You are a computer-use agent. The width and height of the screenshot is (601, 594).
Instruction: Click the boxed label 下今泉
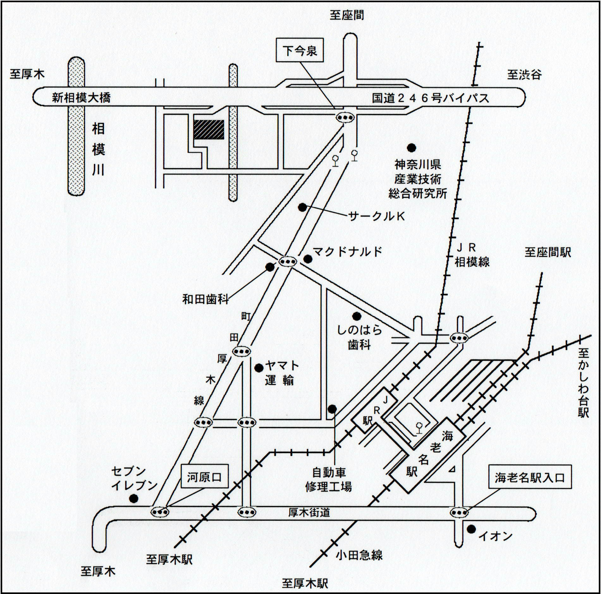300,50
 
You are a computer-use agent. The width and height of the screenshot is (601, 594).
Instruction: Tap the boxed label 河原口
205,477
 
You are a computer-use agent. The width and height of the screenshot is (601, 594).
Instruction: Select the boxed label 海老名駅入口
530,477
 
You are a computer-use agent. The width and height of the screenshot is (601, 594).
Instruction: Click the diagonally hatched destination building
209,130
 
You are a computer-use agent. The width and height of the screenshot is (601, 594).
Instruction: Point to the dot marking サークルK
303,207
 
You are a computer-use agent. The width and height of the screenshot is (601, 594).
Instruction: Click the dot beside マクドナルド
308,259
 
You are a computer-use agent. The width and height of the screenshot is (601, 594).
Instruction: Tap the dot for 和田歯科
270,267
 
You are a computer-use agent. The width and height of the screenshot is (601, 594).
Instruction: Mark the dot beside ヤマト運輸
259,367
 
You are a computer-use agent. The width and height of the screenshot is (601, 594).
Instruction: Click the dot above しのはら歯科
357,316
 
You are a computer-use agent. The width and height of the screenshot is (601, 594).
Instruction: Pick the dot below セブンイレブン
134,499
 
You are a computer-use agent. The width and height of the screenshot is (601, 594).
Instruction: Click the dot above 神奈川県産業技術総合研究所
411,147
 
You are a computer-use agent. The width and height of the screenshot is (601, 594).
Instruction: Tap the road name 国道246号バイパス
430,98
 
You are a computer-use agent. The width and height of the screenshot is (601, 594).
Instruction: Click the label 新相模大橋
81,98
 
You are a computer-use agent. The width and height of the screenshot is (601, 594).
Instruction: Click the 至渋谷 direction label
524,75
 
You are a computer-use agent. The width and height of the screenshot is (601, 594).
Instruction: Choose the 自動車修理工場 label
328,480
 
